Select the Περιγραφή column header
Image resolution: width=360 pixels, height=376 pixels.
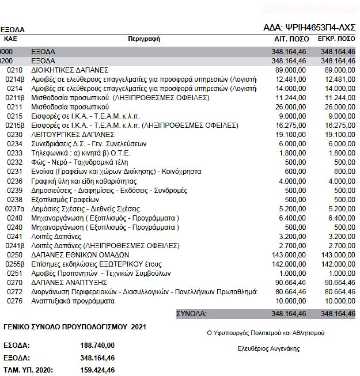coord(144,39)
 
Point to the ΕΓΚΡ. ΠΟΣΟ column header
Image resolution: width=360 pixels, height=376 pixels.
coord(336,39)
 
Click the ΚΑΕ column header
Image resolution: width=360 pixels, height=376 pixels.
coord(10,39)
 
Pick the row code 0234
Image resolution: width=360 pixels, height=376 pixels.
coord(14,143)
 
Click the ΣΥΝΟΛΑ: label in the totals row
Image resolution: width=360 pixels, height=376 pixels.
coord(192,314)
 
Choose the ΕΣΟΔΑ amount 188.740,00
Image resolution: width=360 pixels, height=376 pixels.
coord(97,345)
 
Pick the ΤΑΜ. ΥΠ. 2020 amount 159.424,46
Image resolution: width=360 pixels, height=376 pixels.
coord(97,369)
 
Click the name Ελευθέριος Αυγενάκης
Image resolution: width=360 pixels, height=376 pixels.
coord(268,348)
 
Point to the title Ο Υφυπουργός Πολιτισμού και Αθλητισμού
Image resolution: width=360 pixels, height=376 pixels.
coord(266,333)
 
